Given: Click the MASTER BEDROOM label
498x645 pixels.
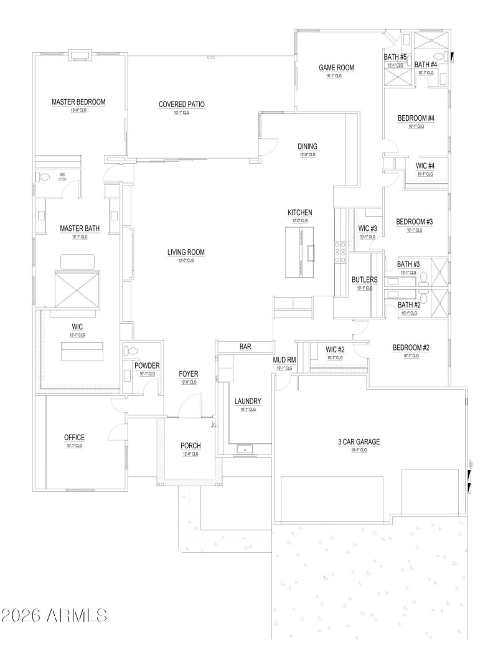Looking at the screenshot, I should [x=78, y=101].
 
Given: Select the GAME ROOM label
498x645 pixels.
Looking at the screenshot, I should [x=336, y=67].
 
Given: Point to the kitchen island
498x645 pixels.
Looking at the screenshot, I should [x=300, y=252].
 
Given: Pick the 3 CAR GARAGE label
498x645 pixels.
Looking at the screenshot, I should [x=359, y=441].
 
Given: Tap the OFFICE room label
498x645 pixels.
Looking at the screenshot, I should [x=74, y=438].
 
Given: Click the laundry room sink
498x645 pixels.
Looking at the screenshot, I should [x=245, y=448].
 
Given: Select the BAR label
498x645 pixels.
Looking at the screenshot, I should [x=245, y=346].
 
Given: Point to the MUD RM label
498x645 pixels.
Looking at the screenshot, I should [x=283, y=360].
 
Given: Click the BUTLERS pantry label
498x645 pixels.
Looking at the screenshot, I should [x=364, y=280].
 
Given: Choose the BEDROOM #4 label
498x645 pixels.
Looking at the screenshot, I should [x=416, y=118].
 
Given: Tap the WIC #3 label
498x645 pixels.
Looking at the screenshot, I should [x=368, y=228].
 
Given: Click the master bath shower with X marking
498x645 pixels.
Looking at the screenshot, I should [x=77, y=290].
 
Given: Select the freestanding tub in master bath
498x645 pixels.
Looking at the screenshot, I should [x=77, y=260].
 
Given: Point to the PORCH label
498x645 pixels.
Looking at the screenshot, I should [x=190, y=446].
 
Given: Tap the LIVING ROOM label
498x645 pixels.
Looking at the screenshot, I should [x=186, y=252].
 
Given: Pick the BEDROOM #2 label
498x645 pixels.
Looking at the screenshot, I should [x=411, y=347].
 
